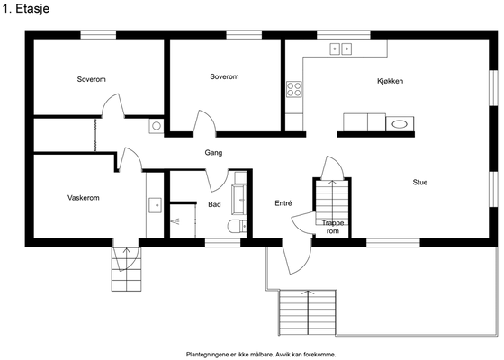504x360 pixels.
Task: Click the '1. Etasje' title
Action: (26, 9)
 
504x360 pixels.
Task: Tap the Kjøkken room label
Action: (390, 81)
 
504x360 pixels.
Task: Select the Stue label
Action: (419, 182)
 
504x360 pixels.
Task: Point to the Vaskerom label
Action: (83, 198)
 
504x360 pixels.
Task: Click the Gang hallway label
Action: (213, 153)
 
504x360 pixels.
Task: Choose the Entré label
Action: (283, 203)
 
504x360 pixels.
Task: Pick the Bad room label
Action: (214, 204)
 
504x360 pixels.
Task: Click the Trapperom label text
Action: (333, 227)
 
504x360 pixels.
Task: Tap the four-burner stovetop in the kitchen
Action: (294, 89)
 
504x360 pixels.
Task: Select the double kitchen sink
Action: (341, 49)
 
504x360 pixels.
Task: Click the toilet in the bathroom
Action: (237, 226)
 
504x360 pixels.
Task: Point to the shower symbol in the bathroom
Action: (175, 221)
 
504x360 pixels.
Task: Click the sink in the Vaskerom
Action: (155, 205)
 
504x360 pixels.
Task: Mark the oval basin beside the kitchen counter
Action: (400, 124)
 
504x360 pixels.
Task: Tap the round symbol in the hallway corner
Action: (157, 126)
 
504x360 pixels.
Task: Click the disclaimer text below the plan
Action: (261, 355)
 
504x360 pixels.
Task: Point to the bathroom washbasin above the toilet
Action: (239, 199)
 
